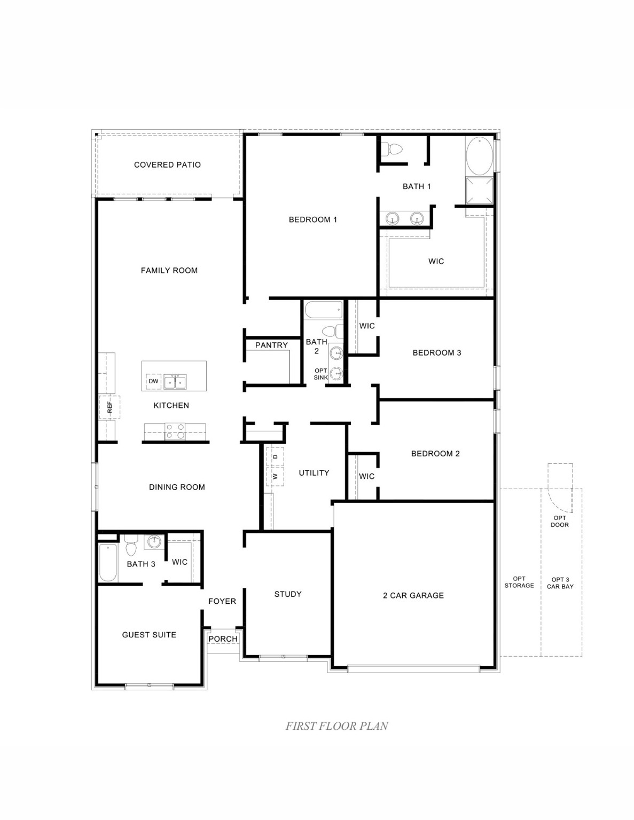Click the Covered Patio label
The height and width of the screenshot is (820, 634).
[x=167, y=165]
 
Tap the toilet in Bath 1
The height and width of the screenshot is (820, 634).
[x=395, y=149]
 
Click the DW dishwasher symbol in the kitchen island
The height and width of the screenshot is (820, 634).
[x=153, y=381]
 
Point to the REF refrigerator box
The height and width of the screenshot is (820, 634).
[x=109, y=407]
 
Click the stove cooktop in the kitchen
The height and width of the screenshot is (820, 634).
[x=175, y=431]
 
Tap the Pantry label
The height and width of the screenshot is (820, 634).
[x=271, y=345]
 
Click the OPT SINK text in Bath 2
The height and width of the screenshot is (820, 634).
[x=320, y=374]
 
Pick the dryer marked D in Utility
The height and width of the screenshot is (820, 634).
[x=275, y=457]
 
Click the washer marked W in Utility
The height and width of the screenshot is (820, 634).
[x=275, y=476]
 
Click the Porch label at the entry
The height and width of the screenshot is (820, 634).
[x=223, y=639]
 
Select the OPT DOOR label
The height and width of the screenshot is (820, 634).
[x=560, y=521]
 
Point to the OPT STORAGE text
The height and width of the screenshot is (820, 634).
[x=519, y=582]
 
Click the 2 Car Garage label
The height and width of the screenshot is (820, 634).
[x=413, y=595]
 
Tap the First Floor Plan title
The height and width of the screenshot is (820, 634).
[x=336, y=726]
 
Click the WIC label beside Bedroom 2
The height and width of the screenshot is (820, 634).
[x=366, y=476]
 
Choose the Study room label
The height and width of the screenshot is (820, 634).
[x=288, y=594]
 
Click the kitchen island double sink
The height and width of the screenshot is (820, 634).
[x=175, y=381]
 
